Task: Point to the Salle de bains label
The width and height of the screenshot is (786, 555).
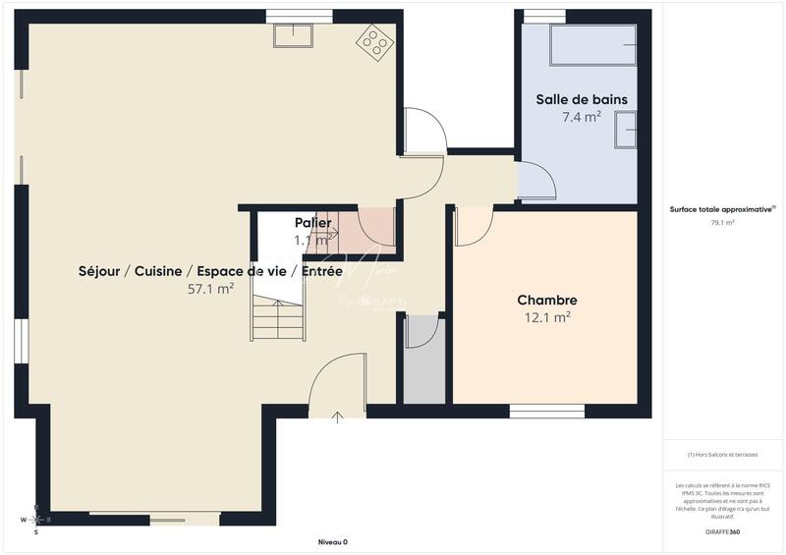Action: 581,99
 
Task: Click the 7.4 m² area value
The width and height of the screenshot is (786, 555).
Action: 581,117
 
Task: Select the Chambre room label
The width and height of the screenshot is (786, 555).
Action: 547,300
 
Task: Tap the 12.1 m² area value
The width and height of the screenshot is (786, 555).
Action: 547,317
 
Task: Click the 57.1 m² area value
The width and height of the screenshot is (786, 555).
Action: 210,289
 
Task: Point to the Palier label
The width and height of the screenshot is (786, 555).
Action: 312,223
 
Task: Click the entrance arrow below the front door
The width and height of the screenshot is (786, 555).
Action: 338,417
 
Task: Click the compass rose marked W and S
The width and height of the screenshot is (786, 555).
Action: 35,519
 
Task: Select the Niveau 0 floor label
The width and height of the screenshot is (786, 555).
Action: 333,542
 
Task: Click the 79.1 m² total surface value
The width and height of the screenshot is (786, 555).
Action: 722,223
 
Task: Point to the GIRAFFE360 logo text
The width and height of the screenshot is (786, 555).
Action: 722,531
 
